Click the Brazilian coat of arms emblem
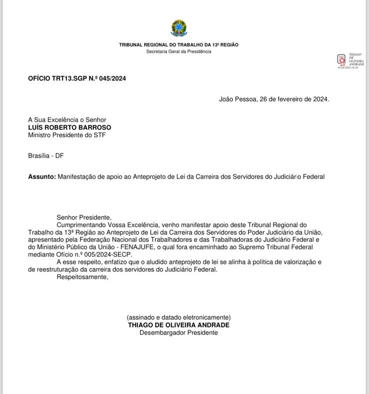[179, 28]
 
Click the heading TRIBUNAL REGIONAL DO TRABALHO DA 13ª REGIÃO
[179, 45]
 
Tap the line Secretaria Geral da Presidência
[179, 51]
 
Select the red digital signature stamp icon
[342, 60]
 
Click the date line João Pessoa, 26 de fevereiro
[274, 99]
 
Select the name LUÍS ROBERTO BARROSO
[70, 127]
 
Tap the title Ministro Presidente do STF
[67, 135]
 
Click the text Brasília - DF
[46, 156]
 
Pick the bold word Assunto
[41, 177]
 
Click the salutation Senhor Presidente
[84, 217]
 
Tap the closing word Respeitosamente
[82, 277]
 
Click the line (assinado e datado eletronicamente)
[179, 317]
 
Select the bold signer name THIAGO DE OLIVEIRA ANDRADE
[179, 325]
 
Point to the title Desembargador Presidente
[179, 332]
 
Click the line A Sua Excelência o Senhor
[67, 120]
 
